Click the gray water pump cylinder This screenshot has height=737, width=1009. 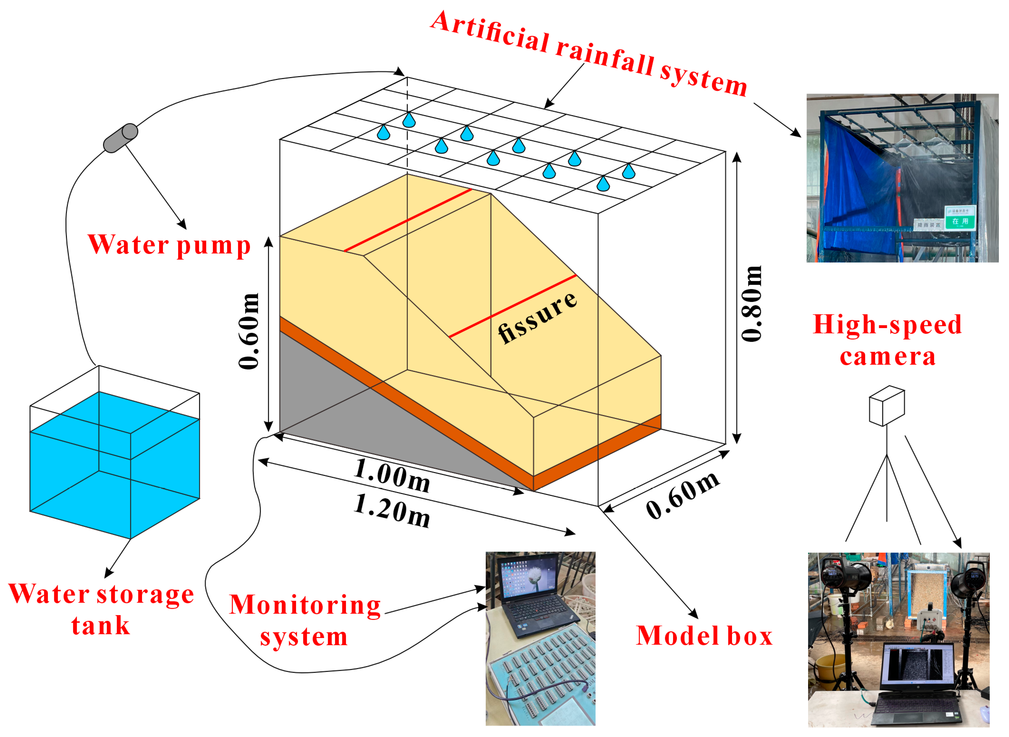(x=120, y=138)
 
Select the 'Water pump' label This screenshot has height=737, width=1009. (x=169, y=245)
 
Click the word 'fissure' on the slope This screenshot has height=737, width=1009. (x=537, y=317)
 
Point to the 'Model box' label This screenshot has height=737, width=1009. (x=704, y=636)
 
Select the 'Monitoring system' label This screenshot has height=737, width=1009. (x=305, y=621)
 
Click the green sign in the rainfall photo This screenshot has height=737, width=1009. (x=961, y=218)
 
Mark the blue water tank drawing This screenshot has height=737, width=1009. (x=114, y=464)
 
